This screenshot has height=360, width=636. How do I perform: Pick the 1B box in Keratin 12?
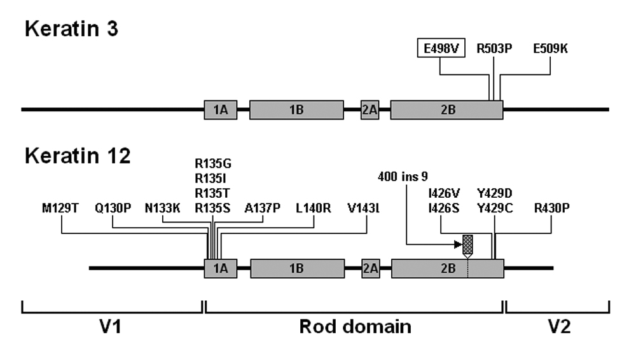(x=297, y=268)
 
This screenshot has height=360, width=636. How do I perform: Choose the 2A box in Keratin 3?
(x=370, y=109)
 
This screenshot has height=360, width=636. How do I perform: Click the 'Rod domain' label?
(x=355, y=327)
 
